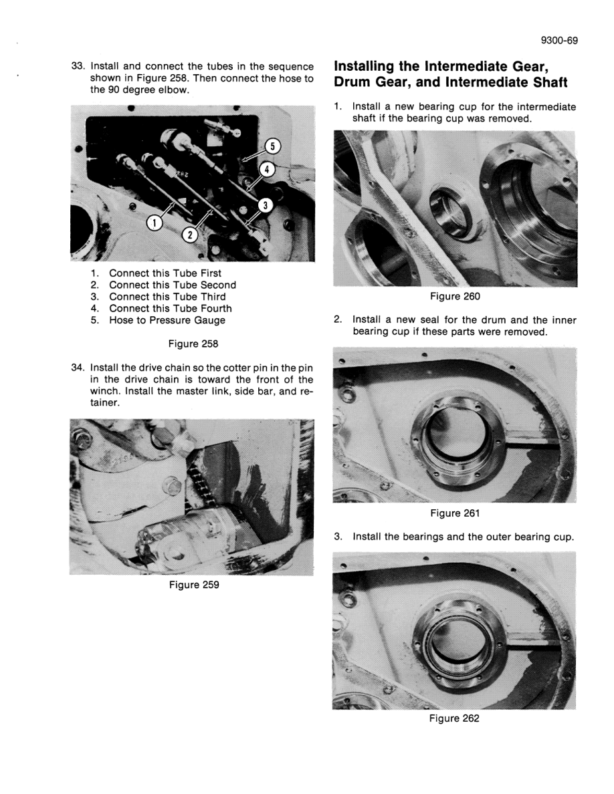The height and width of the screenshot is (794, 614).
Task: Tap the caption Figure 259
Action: tap(192, 585)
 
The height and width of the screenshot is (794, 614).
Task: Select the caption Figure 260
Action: tap(455, 297)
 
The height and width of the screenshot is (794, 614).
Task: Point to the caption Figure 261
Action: tap(455, 513)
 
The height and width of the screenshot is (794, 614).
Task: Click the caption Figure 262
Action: tap(455, 718)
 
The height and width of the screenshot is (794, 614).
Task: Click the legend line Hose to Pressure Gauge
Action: tap(167, 320)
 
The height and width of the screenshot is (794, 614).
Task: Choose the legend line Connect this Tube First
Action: tap(165, 273)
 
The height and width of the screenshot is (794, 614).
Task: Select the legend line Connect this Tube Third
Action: tap(167, 297)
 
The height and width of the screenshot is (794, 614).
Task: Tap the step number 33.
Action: tap(79, 66)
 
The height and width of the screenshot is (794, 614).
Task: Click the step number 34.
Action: tap(79, 368)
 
